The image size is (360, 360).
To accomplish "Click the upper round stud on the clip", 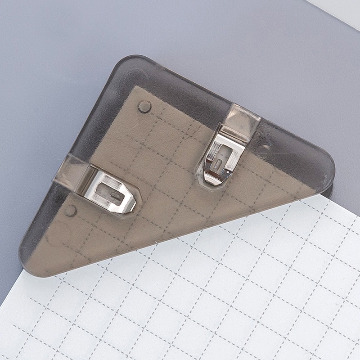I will click(144, 107).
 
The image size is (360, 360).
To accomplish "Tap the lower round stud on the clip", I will click(71, 211).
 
